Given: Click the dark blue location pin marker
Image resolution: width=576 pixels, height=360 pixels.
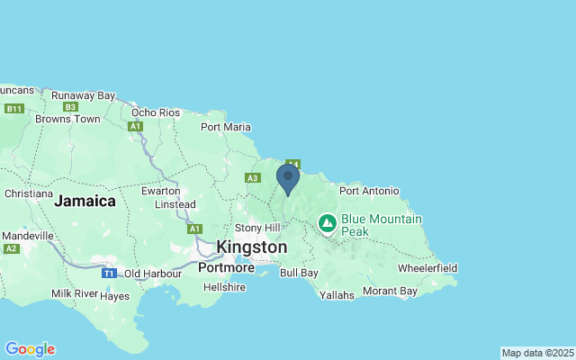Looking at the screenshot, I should [x=287, y=177].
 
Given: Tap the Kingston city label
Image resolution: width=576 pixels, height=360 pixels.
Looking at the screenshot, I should [x=252, y=247].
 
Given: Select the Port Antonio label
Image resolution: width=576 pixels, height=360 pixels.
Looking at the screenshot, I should [x=367, y=190].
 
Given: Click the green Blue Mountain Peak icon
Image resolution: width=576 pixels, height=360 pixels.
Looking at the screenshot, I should [x=327, y=222].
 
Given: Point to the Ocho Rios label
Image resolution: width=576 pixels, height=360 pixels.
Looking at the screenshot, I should [x=156, y=112].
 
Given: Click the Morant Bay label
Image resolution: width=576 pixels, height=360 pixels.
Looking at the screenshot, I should [x=390, y=292].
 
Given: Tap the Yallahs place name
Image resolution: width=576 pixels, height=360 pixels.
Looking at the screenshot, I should [x=337, y=294].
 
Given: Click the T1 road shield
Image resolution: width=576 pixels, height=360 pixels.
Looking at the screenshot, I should [x=109, y=273].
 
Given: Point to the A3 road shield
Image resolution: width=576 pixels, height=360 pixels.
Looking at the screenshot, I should [x=253, y=178].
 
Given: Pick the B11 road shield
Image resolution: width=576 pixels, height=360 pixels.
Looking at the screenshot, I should [x=13, y=109].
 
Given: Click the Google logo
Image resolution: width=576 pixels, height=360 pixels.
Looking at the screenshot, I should [x=30, y=349].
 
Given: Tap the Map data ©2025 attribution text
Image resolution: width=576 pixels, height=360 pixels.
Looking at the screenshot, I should [x=536, y=353].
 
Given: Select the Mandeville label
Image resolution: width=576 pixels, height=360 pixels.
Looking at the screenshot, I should [x=28, y=236].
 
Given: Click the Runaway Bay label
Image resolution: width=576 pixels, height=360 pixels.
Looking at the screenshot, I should [x=83, y=95].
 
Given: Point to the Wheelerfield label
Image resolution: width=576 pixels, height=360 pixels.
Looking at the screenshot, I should [x=427, y=268].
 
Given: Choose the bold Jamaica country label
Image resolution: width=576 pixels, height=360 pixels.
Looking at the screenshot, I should [x=85, y=202].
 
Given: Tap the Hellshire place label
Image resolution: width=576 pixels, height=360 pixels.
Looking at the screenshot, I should [x=224, y=287].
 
